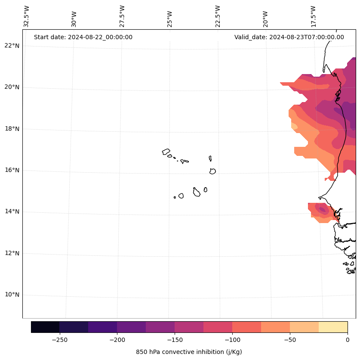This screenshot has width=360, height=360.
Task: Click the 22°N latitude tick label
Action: point(12,46)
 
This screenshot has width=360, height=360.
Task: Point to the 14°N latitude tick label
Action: point(12,211)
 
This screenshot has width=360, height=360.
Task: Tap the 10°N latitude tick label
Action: point(12,295)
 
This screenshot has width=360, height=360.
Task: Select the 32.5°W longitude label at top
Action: point(27,16)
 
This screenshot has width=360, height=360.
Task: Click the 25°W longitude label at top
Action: point(170,19)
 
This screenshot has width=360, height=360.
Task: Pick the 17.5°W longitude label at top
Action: point(313,16)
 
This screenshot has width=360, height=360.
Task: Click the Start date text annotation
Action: point(83,37)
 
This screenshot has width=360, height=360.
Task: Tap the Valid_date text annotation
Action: point(289,37)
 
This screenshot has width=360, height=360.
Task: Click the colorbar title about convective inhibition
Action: point(189,352)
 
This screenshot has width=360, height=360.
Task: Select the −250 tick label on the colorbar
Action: point(59,340)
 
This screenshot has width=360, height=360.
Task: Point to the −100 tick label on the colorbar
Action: point(232,340)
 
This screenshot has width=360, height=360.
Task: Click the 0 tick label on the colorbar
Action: point(347,340)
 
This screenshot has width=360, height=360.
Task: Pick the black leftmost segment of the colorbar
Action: point(45,327)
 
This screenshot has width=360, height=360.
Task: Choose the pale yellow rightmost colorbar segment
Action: point(333,327)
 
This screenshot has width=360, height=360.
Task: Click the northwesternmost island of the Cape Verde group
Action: point(166,152)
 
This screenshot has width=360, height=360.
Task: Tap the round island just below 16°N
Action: point(212,171)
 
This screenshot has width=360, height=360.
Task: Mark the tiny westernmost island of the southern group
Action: point(175,197)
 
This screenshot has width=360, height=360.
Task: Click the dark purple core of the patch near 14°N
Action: point(322,210)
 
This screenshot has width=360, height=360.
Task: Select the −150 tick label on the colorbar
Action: point(175,340)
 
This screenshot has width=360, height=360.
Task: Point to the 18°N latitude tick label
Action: point(12,129)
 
